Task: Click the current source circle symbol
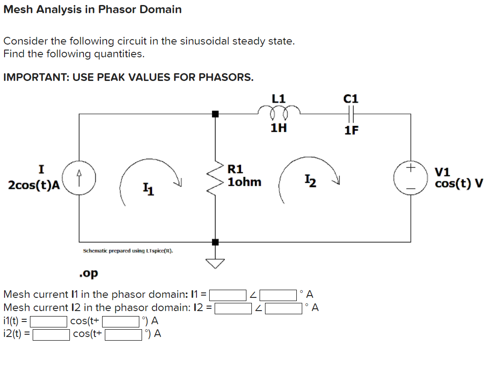(80, 178)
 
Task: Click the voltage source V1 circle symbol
(411, 178)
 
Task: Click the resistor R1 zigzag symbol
(215, 178)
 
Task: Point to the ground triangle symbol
(215, 263)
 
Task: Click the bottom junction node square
(215, 241)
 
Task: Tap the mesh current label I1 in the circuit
(148, 187)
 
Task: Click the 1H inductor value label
(278, 128)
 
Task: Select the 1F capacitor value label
(351, 131)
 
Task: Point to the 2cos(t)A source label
(34, 185)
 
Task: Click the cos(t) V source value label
(459, 184)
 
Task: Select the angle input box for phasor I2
(284, 308)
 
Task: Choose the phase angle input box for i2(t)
(123, 335)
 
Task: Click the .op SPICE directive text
(88, 274)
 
